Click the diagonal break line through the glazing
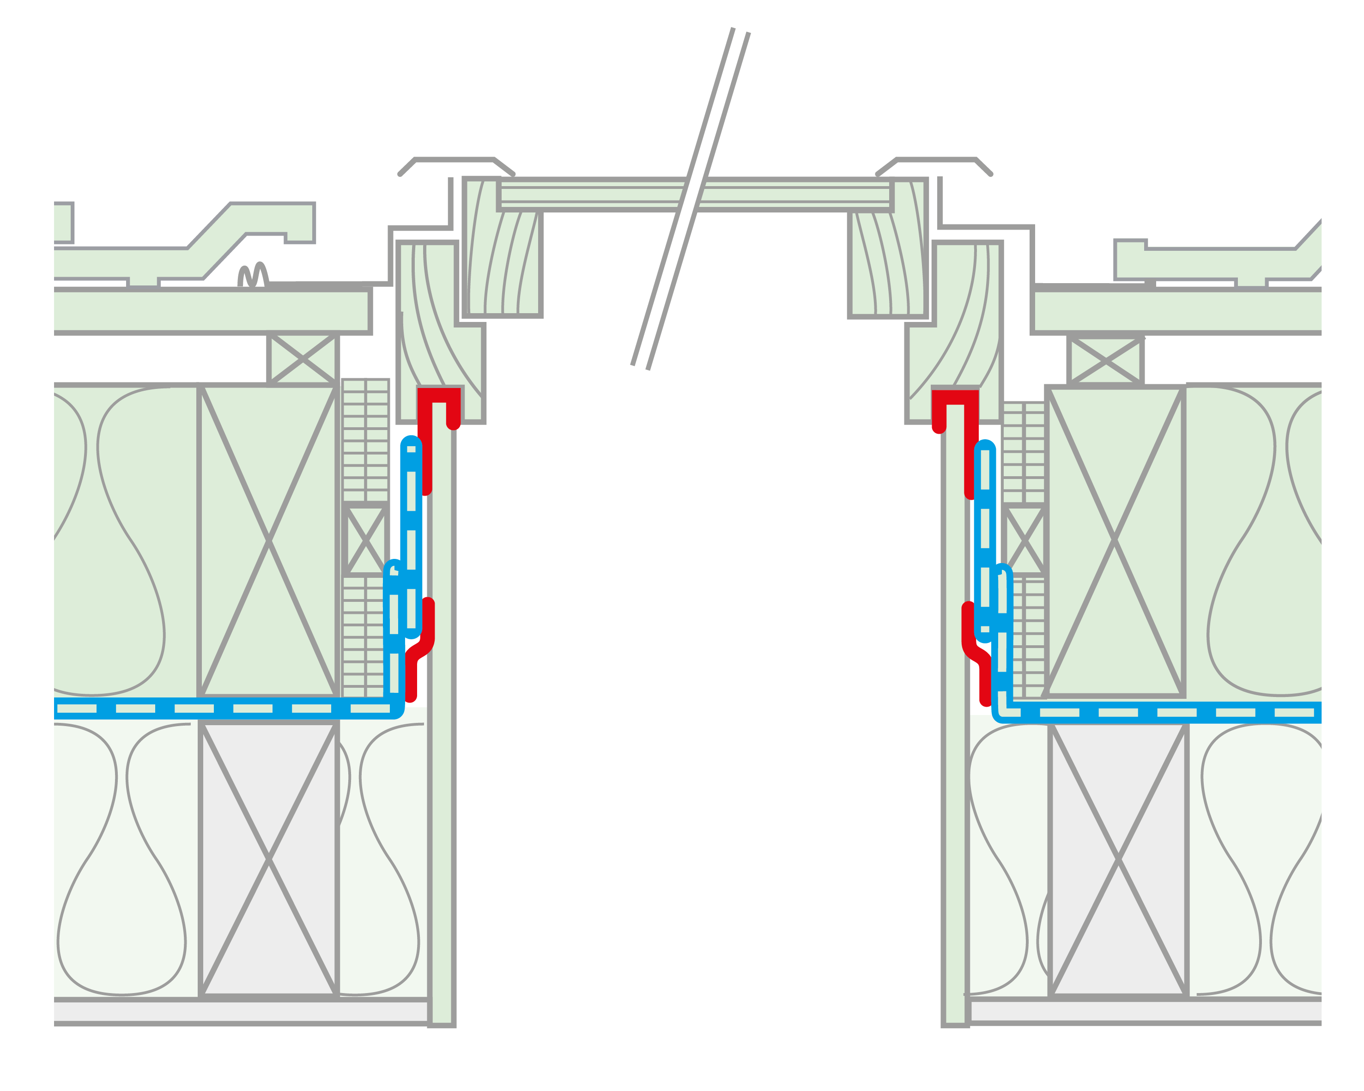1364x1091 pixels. point(690,199)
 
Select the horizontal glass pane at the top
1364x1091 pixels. point(594,195)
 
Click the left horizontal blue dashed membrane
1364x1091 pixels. point(221,709)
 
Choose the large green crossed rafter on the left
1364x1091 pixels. point(268,541)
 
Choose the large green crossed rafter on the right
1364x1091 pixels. point(1115,541)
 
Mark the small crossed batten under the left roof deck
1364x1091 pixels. point(303,358)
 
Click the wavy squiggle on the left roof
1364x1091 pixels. point(253,276)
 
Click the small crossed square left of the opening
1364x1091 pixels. point(365,539)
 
